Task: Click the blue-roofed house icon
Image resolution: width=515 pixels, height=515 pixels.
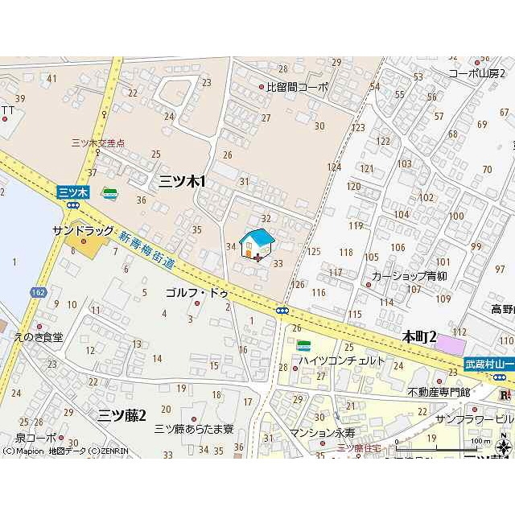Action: point(257,245)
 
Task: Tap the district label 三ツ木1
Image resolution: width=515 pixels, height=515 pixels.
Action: point(182,182)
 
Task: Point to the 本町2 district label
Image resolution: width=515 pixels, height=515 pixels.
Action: point(418,337)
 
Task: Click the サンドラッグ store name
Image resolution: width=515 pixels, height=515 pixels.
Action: point(84,231)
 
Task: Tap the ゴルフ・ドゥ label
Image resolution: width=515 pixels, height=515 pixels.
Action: point(197,293)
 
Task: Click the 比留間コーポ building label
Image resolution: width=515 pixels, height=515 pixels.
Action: point(297,87)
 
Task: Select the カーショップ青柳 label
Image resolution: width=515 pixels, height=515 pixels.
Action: point(409,275)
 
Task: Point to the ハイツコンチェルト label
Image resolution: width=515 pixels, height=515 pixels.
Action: point(342,360)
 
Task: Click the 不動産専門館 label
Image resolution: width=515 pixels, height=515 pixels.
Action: point(439,392)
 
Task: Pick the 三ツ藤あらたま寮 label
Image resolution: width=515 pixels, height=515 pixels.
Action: point(194,428)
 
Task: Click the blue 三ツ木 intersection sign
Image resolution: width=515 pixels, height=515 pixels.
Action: point(72,192)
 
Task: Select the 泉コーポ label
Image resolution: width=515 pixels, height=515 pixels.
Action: point(35,438)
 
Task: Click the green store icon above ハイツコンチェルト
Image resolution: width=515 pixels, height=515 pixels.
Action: point(304,346)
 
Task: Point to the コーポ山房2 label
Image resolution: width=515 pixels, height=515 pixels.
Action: point(481,72)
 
